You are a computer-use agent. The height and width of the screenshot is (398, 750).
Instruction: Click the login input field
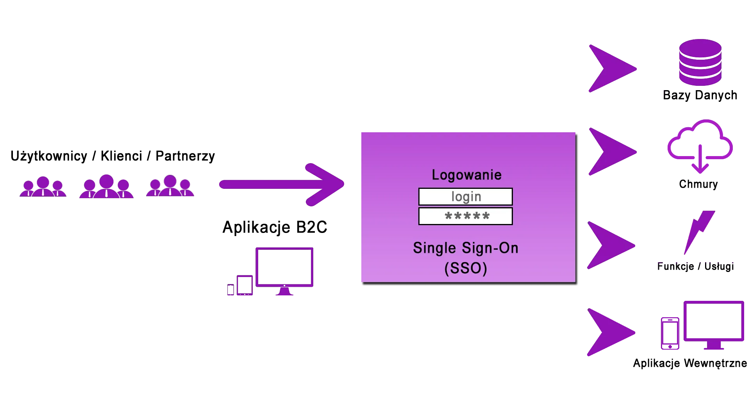coord(465,197)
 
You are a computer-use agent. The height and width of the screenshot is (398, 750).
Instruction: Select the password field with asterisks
coord(465,216)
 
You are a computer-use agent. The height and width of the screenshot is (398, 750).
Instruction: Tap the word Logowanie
coord(466,175)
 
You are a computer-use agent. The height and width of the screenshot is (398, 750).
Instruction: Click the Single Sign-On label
coord(466,248)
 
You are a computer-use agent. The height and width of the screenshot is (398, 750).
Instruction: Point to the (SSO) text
coord(466,268)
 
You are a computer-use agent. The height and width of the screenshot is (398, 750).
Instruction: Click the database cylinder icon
coord(700,62)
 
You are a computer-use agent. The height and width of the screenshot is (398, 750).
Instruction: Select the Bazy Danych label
coord(700,95)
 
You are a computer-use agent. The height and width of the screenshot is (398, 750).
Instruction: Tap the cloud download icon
coord(700,146)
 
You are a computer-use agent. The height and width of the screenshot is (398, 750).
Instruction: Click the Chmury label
coord(698,184)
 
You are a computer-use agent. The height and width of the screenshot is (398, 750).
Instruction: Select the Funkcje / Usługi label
coord(695,266)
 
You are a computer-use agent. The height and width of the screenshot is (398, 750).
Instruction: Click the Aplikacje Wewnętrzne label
coord(690,363)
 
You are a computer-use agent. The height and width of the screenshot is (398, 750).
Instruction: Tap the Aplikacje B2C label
coord(275,227)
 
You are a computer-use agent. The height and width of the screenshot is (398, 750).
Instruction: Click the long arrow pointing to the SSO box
coord(281,184)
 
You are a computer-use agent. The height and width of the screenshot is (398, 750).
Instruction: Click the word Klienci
coord(121,156)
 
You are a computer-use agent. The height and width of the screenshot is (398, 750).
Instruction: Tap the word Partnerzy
coord(185,156)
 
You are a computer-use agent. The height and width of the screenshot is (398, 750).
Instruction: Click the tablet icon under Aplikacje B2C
coord(245,285)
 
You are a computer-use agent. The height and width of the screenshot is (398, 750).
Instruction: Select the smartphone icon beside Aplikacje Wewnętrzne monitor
coord(670,333)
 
